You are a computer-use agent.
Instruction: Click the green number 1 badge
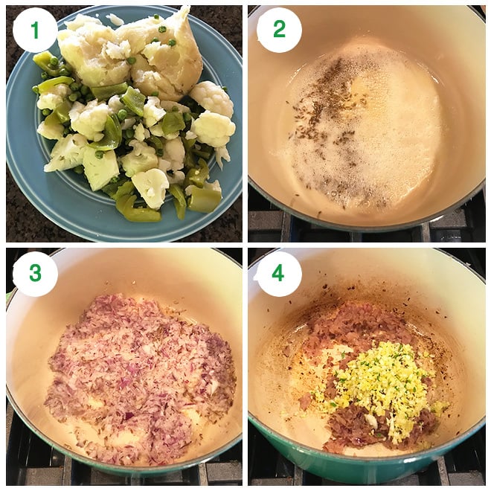(35, 30)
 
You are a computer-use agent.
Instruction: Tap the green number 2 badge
(279, 30)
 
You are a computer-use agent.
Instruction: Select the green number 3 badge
(35, 274)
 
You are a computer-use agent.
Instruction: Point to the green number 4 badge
(278, 274)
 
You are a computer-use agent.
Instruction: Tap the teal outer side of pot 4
(344, 463)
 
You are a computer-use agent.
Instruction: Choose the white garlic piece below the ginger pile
(370, 420)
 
